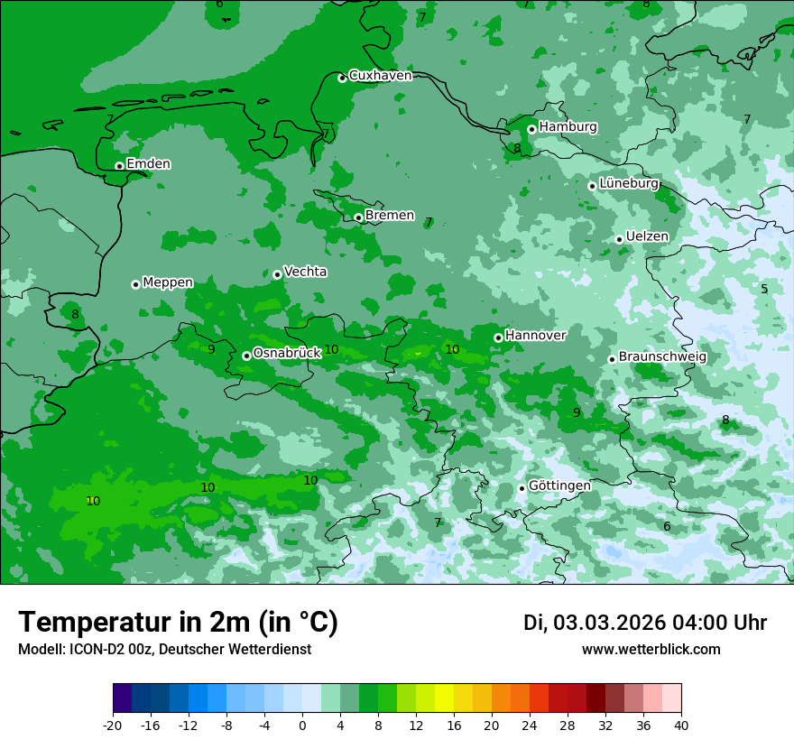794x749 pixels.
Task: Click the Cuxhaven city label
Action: pos(380,76)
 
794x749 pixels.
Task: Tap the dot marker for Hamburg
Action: pos(531,129)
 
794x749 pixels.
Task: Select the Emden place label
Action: pos(148,164)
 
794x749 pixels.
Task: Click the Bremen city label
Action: pos(390,216)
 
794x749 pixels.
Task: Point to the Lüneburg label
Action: pos(629,183)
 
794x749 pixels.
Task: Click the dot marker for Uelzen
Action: pos(619,239)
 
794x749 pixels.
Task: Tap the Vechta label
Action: pos(305,272)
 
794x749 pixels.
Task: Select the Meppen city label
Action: pos(168,282)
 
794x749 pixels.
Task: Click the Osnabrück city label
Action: pos(287,353)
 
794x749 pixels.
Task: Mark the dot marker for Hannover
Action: pos(498,338)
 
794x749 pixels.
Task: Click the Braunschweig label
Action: pos(662,357)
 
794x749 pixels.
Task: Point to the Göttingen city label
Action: pos(559,485)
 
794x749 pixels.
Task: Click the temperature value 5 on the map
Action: pos(764,290)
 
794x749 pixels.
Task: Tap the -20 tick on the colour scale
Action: pos(113,725)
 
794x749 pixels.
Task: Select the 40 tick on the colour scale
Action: pos(681,725)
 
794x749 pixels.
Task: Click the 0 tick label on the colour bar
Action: pos(302,725)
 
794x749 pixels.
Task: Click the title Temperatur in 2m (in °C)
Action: pos(178,623)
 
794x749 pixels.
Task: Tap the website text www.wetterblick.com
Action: pos(651,650)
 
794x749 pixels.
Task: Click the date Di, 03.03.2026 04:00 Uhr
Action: pos(644,623)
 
